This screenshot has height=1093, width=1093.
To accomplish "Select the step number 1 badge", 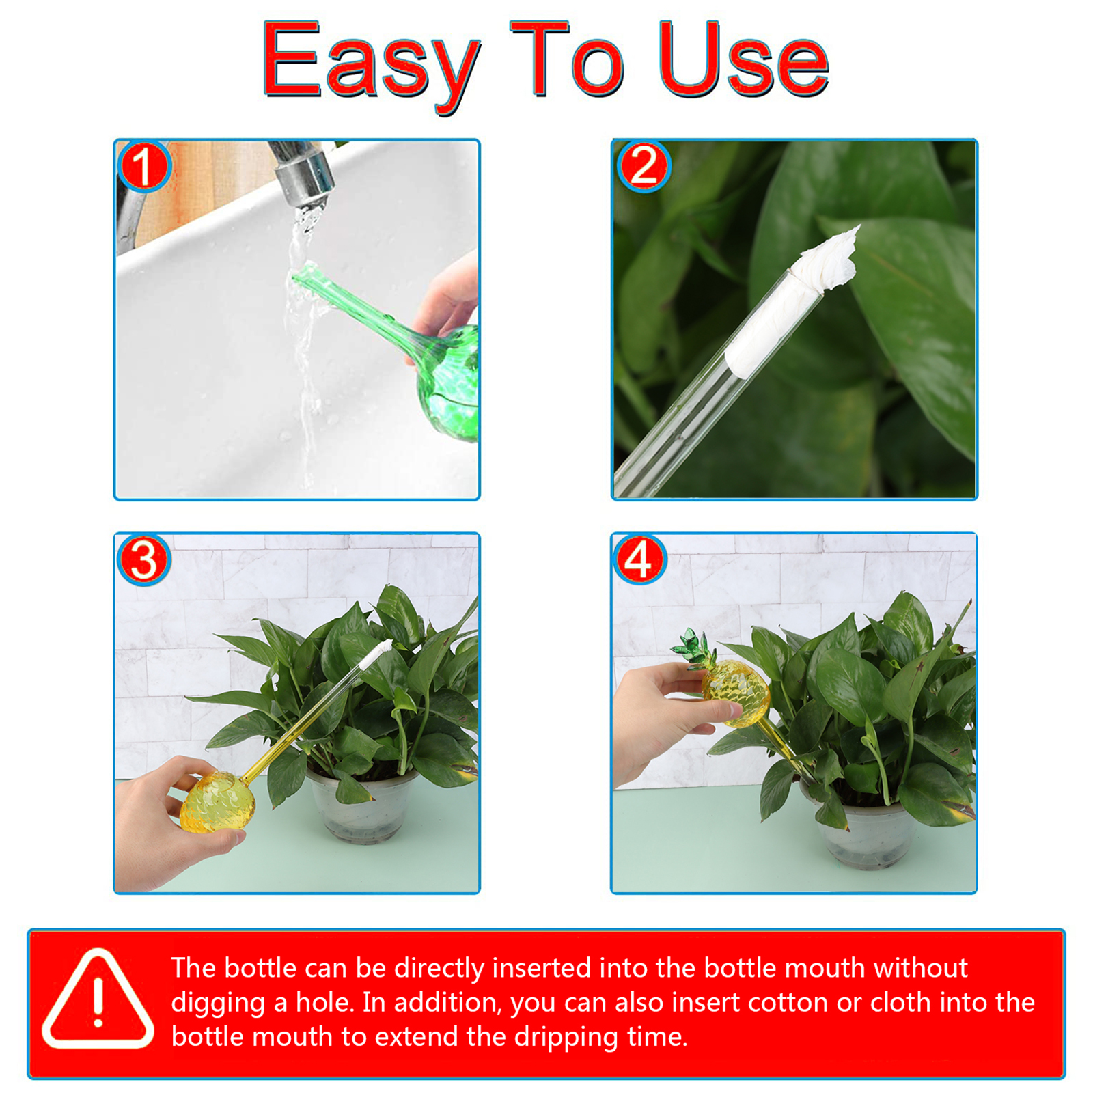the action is (x=143, y=166).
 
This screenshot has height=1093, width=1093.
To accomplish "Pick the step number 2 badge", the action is (x=643, y=166).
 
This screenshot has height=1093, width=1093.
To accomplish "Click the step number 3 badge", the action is (x=143, y=559).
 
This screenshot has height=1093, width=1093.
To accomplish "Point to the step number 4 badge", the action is (x=640, y=559).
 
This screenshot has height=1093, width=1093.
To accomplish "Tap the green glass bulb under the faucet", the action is (x=447, y=383).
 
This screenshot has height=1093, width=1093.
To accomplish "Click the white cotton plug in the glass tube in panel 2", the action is (x=792, y=301).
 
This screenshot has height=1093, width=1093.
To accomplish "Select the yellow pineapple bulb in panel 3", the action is (x=218, y=802).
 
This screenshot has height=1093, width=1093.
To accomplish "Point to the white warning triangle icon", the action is (x=98, y=999).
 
